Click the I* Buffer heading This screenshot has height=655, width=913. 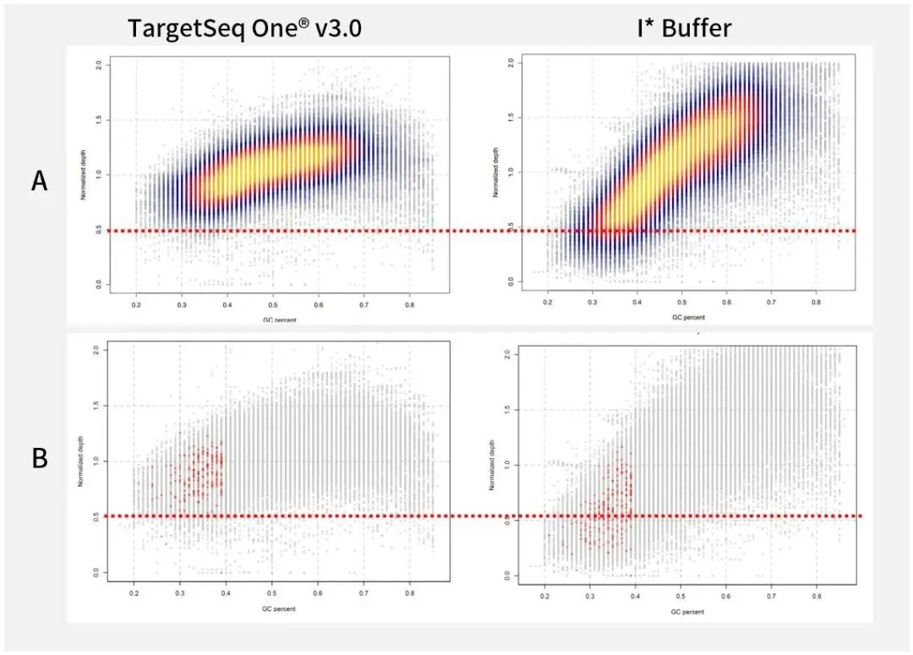point(684,28)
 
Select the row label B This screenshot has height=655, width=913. point(39,457)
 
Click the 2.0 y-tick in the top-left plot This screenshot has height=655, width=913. point(100,64)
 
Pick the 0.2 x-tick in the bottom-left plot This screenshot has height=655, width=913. point(134,595)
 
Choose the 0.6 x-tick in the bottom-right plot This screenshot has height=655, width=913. point(726,598)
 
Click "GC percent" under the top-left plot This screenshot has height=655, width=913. point(273,319)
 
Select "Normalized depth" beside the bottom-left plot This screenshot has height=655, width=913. point(81,461)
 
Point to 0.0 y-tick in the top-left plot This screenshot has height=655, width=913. point(100,286)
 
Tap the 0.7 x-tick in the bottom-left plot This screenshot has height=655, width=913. point(364,595)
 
